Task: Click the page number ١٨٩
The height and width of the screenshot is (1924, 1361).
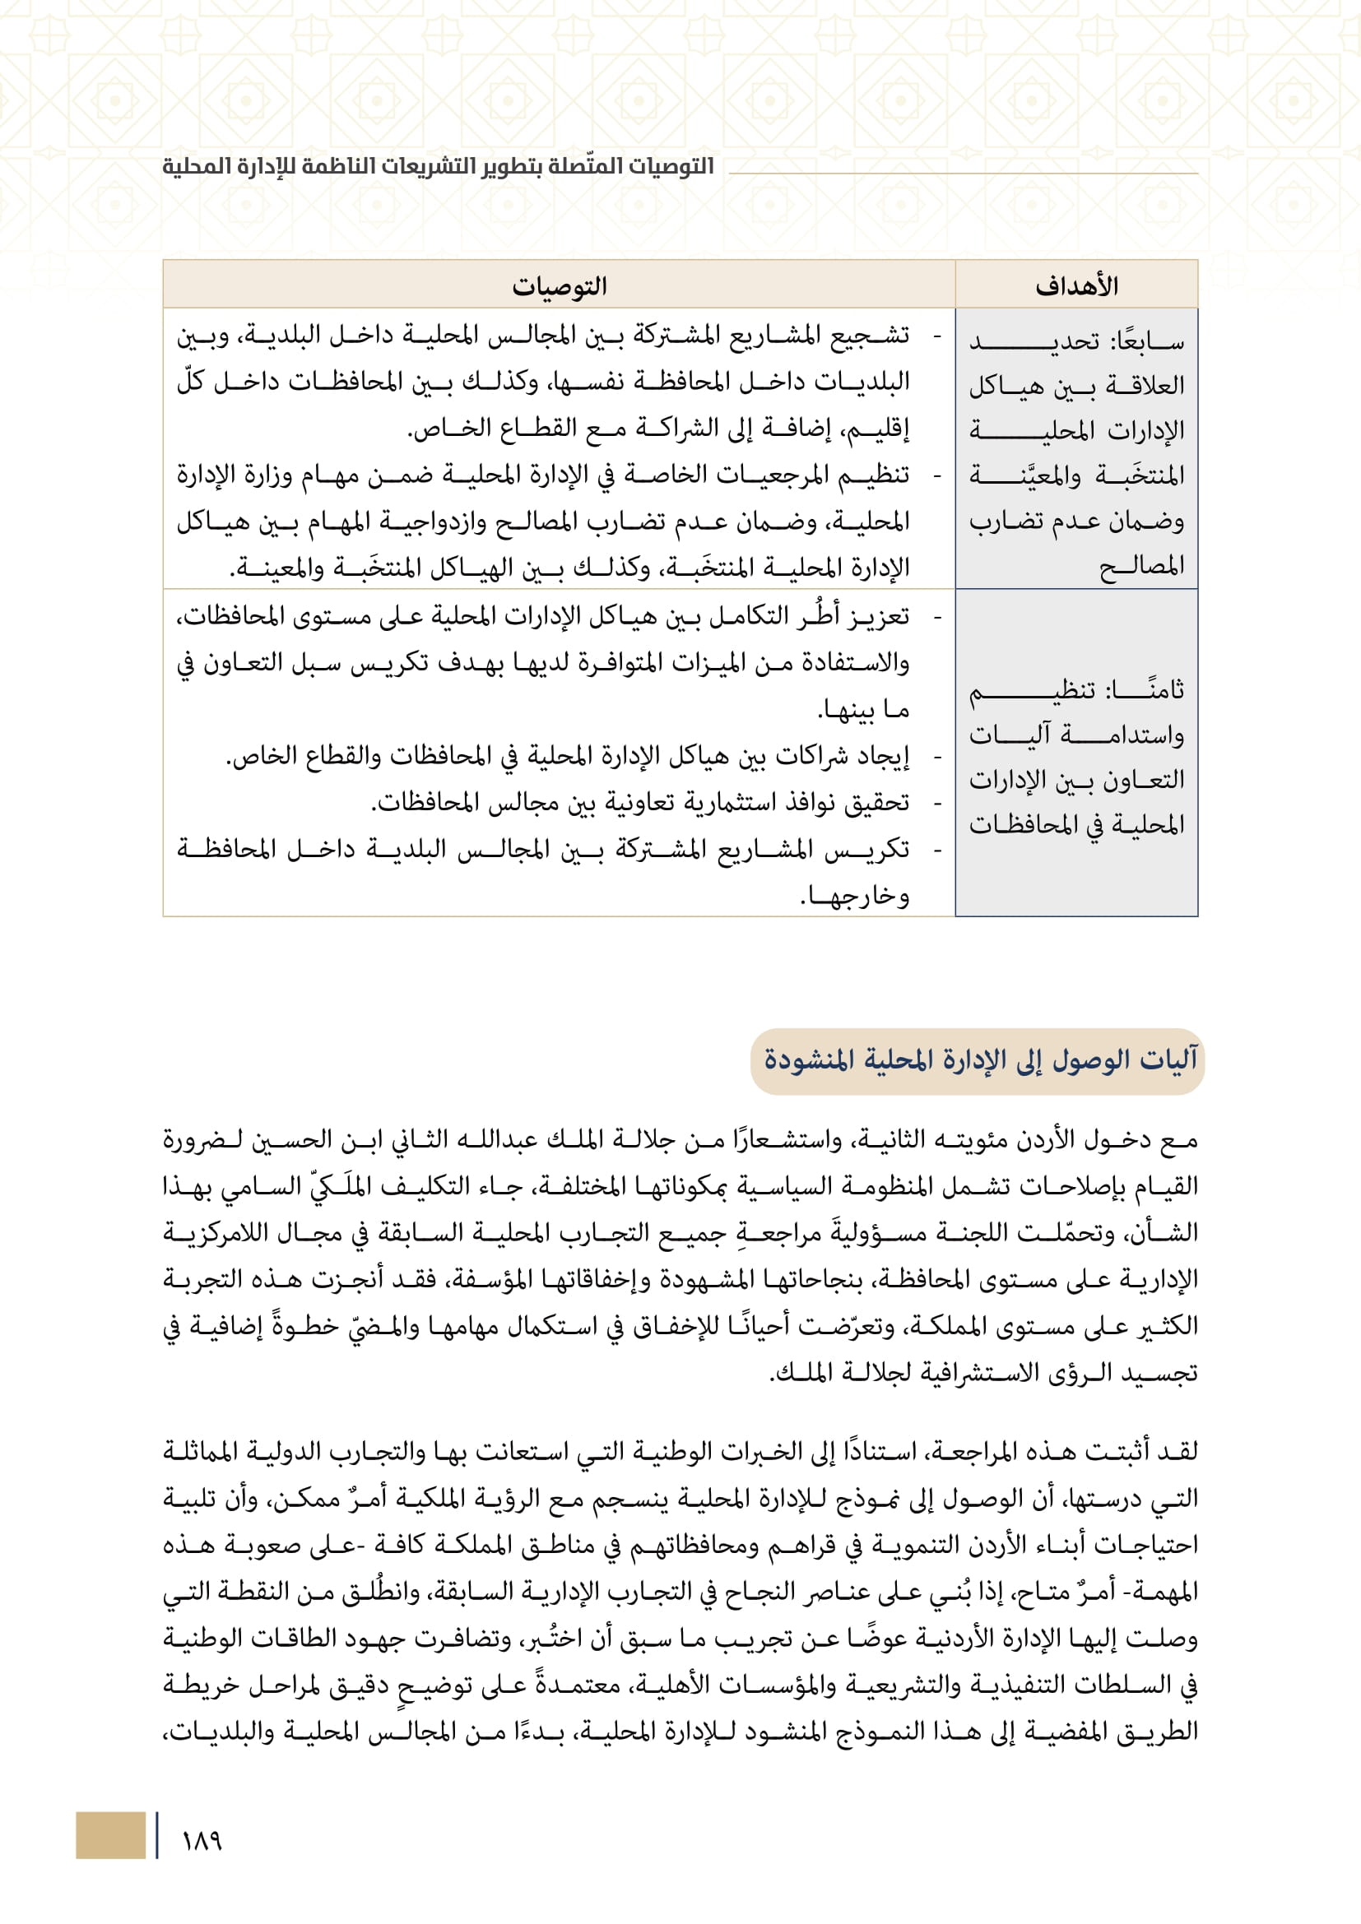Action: (x=202, y=1840)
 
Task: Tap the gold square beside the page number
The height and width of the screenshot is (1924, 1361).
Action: (x=109, y=1835)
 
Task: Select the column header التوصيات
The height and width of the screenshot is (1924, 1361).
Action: (x=559, y=285)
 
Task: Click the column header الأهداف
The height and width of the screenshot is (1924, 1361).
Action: (x=1076, y=285)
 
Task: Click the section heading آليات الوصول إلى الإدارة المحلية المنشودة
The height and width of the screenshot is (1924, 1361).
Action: (x=980, y=1060)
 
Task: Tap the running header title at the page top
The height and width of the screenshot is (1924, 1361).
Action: (x=439, y=166)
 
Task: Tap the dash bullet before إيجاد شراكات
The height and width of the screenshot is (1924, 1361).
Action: (x=938, y=757)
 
